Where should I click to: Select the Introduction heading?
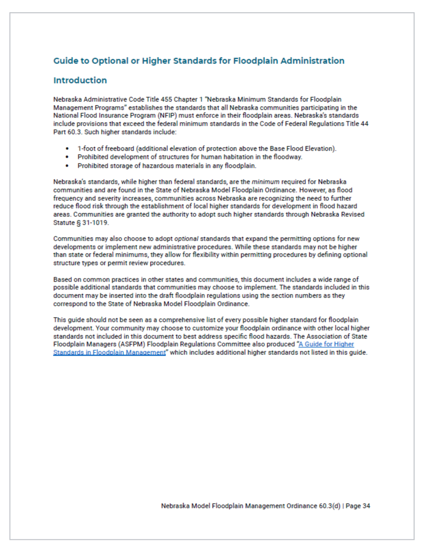coord(80,81)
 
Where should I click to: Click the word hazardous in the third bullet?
coord(140,165)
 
